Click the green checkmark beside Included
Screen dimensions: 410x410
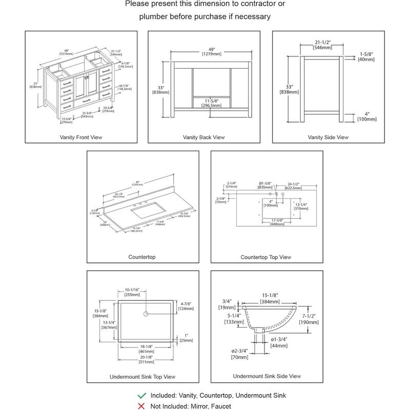point(141,396)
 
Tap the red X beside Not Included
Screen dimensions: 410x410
point(141,405)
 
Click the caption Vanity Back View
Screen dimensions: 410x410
point(203,137)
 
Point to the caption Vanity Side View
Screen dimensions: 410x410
point(328,137)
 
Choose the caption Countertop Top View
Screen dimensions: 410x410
point(265,257)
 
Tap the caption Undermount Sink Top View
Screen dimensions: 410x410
point(142,377)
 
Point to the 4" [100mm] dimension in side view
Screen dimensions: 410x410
point(367,116)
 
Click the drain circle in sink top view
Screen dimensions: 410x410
point(146,313)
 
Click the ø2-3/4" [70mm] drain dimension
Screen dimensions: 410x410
point(240,354)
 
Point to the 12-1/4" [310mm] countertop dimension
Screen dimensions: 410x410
point(300,207)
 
